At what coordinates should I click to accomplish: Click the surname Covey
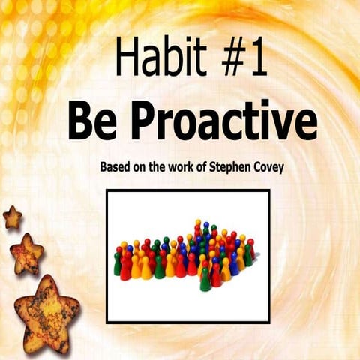[279, 164]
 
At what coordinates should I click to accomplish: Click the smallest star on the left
[12, 217]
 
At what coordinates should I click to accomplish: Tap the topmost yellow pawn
[196, 226]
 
